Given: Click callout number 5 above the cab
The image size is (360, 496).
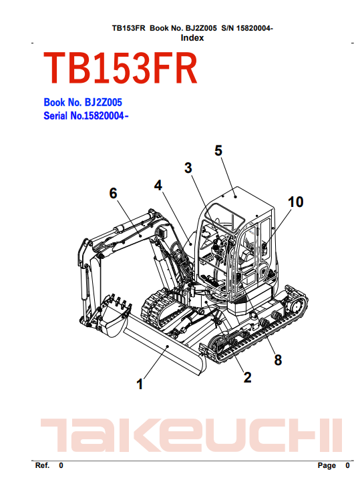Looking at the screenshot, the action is coord(218,151).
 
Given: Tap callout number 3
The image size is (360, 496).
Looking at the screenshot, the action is coord(188,168).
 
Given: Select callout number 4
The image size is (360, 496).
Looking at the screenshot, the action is coord(158,186).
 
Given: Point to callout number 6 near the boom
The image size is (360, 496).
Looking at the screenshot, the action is coord(113,194).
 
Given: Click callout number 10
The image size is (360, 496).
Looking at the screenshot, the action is coord(296,202).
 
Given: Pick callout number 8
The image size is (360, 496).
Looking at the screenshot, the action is coord(278,360).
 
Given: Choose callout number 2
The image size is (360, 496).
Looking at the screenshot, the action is coord(247,377).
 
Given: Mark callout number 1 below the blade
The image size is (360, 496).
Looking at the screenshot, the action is coord(140,385).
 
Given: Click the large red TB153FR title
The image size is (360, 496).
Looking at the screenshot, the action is coord(121,68).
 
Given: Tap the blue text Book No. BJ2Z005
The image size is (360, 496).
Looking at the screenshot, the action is coord(83,102).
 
